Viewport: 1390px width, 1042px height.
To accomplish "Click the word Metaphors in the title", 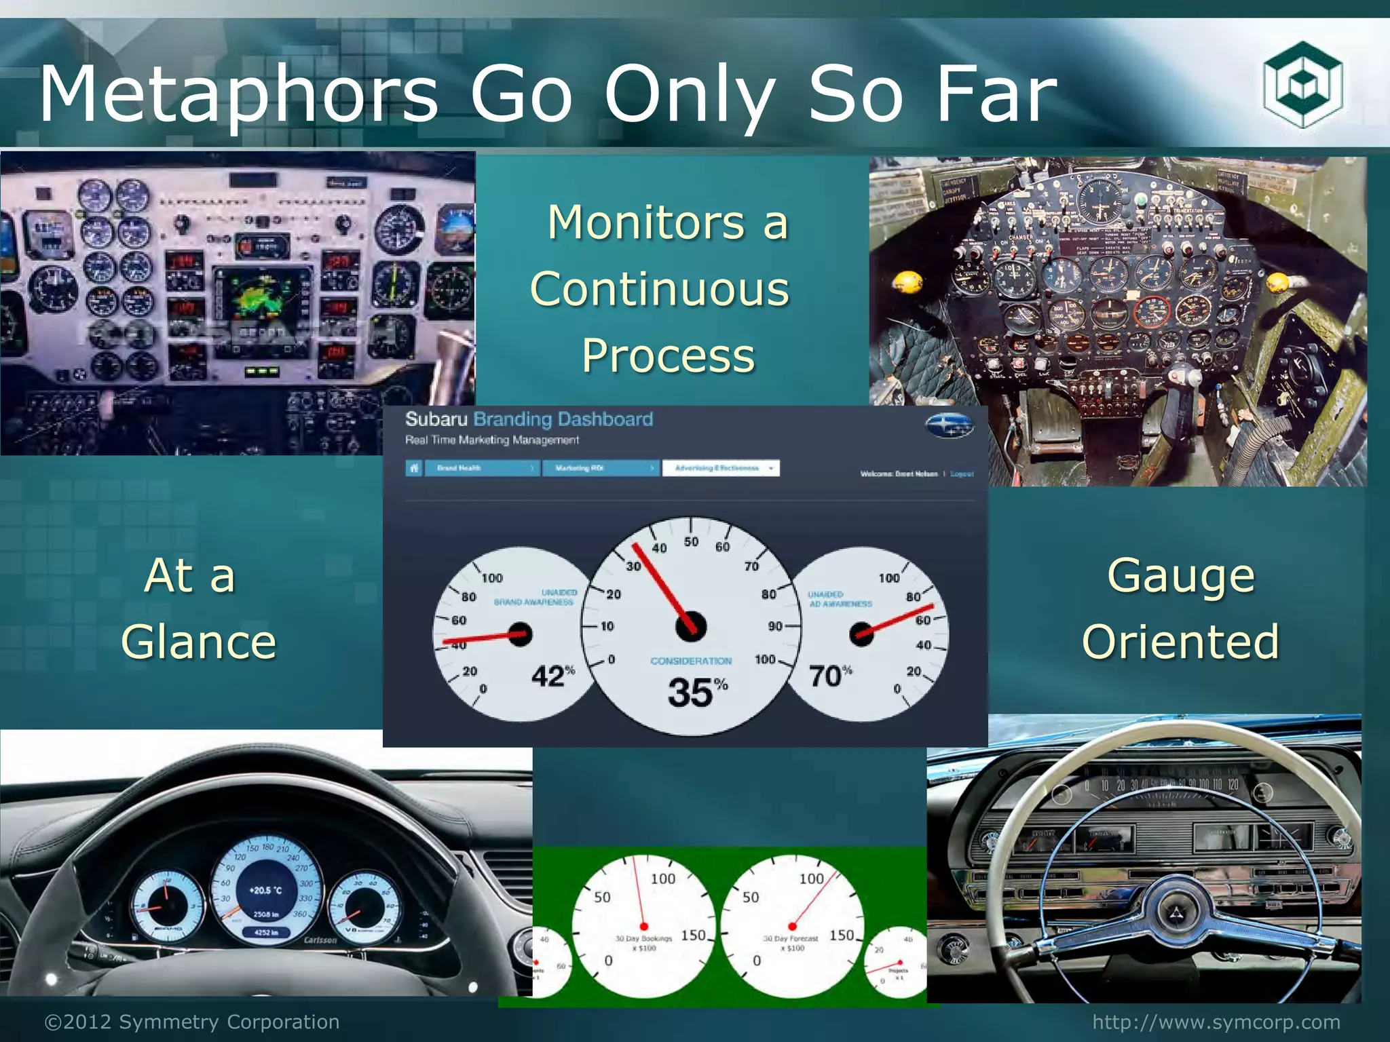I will coord(238,95).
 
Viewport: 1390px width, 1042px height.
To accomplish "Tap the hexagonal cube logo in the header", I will coord(1302,85).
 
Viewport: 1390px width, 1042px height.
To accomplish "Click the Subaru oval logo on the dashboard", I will coord(949,425).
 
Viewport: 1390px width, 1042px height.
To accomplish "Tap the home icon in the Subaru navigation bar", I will coord(414,468).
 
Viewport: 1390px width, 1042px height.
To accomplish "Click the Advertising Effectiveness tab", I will coord(720,468).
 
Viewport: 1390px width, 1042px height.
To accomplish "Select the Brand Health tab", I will coord(481,468).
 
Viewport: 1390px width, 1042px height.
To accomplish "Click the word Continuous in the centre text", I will coord(660,289).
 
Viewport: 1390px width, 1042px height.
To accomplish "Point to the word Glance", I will coord(199,642).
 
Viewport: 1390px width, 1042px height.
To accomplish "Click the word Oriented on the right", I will coord(1180,642).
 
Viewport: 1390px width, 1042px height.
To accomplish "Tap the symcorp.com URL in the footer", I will coord(1216,1022).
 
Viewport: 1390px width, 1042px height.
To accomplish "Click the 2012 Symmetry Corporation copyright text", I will coord(192,1022).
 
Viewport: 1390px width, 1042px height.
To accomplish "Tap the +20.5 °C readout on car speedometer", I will coord(265,890).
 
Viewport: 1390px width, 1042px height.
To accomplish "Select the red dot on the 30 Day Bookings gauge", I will coord(643,927).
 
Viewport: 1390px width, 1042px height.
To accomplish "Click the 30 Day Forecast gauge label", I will coord(790,943).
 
